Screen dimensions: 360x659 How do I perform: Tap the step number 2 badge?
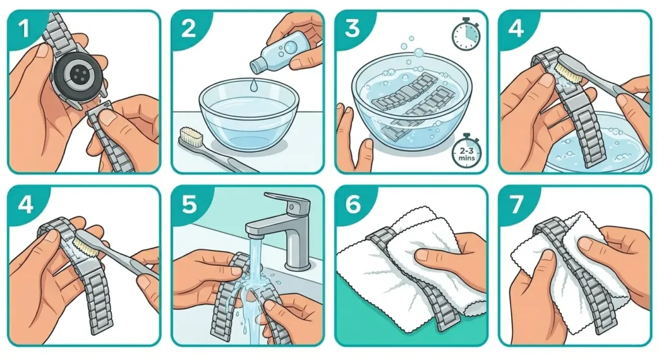[x=188, y=28]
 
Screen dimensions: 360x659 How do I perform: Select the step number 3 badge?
[x=352, y=28]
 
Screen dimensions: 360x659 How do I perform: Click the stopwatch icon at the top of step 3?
[x=464, y=36]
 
